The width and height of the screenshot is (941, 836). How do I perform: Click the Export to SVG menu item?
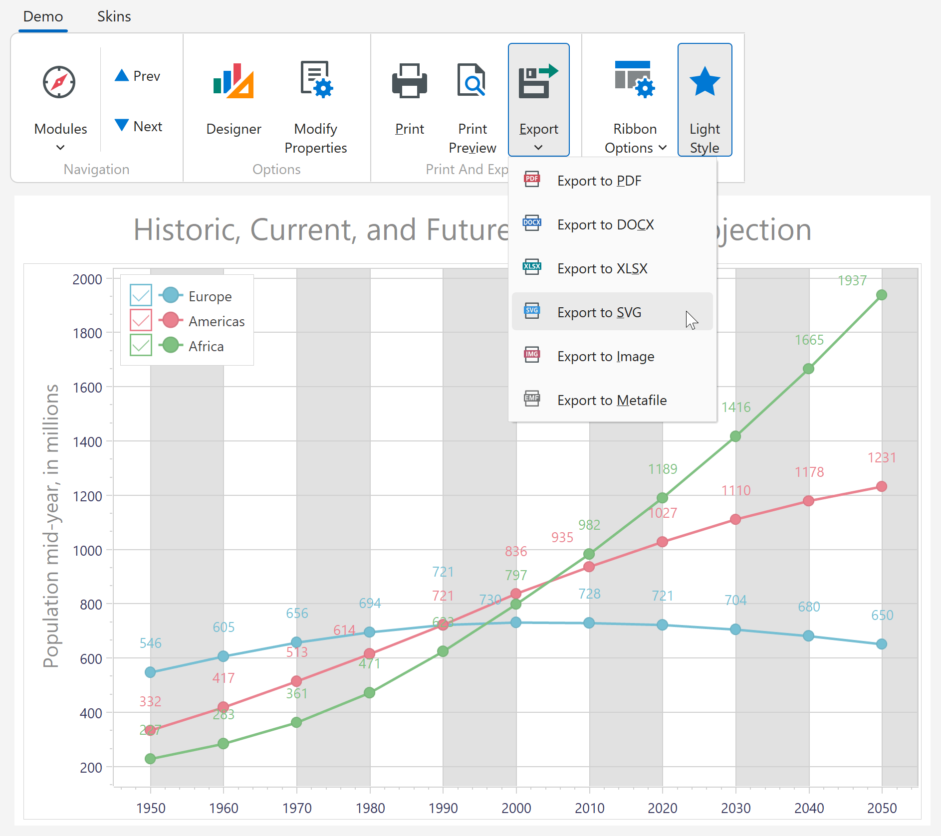(x=599, y=312)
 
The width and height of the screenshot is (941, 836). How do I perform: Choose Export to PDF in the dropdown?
(x=599, y=181)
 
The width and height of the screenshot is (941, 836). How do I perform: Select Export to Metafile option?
(x=611, y=400)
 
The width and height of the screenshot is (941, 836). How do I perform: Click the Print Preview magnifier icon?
(x=471, y=81)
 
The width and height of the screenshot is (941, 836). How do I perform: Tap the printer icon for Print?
(x=409, y=81)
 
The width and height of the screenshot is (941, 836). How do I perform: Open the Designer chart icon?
(x=234, y=81)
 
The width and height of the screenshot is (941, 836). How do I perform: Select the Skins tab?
(x=114, y=16)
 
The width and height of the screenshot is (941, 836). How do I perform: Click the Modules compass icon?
(x=59, y=82)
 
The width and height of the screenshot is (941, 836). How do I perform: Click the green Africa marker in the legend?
(x=171, y=345)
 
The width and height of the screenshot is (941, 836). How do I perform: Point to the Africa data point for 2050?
(x=882, y=295)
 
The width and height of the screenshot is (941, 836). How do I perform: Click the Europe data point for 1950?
(x=150, y=672)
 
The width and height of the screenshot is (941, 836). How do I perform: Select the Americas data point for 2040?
(x=808, y=501)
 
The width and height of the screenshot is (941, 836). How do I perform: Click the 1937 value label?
(x=852, y=280)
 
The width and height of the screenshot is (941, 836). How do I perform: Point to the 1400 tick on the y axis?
(x=87, y=441)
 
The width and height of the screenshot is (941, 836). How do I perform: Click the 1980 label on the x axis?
(x=370, y=808)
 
